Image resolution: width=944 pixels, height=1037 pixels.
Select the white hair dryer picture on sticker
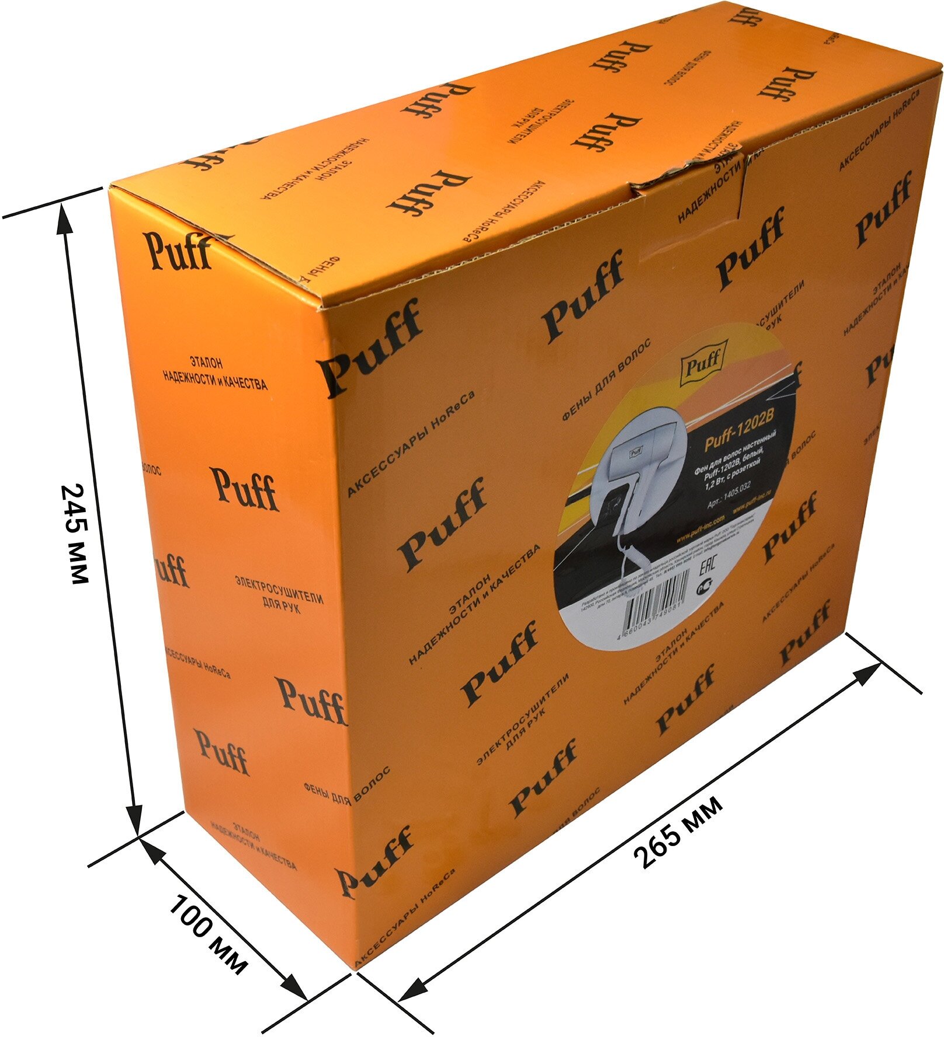click(x=637, y=467)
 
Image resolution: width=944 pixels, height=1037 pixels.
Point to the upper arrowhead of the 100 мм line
click(x=151, y=850)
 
